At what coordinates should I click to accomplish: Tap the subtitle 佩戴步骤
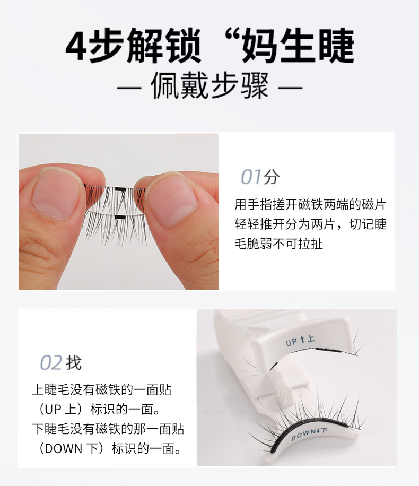210,86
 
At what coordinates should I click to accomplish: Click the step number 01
251,177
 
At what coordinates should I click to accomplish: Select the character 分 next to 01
271,177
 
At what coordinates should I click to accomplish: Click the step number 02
51,363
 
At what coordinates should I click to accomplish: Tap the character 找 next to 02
74,363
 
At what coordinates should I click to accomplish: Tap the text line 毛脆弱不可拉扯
278,244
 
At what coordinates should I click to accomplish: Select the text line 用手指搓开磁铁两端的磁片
310,204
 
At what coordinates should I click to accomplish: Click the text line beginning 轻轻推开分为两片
310,224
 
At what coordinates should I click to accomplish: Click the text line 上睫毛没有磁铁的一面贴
102,390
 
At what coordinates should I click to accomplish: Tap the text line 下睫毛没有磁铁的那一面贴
108,429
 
